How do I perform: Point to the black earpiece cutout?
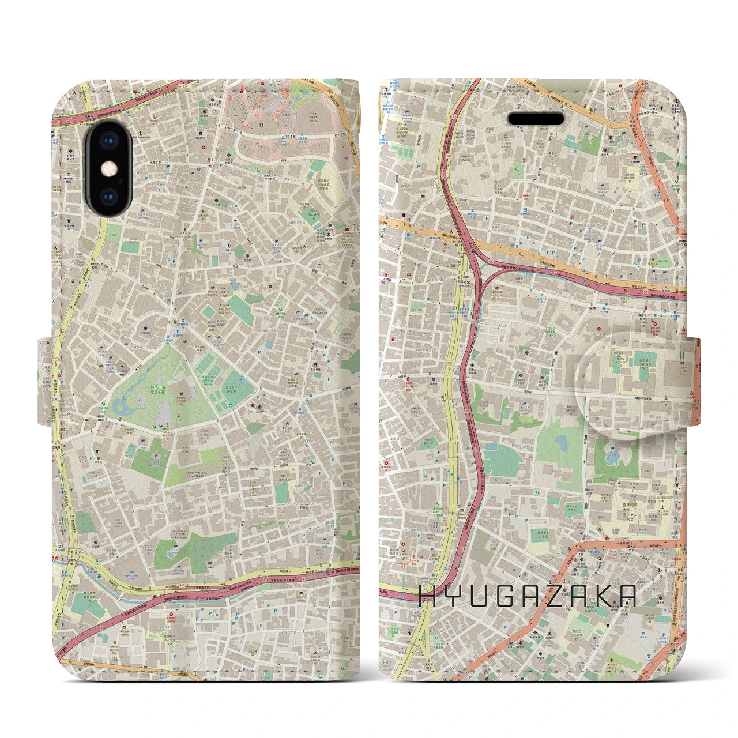536,119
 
